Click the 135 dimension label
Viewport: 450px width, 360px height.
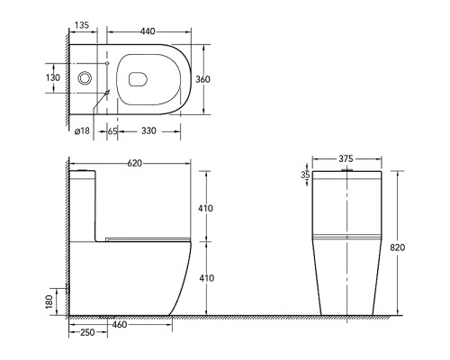coord(82,25)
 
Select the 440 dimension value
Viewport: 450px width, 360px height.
coord(148,31)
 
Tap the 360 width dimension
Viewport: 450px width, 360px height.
coord(202,79)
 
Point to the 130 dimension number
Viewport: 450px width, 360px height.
coord(53,77)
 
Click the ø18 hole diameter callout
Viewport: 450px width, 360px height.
coord(82,130)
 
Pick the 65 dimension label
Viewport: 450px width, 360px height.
coord(112,131)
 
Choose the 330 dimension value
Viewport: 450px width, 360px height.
coord(148,130)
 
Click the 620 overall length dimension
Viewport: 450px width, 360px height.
coord(135,163)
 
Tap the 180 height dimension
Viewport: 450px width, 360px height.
coord(49,301)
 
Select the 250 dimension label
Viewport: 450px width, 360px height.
coord(87,332)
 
